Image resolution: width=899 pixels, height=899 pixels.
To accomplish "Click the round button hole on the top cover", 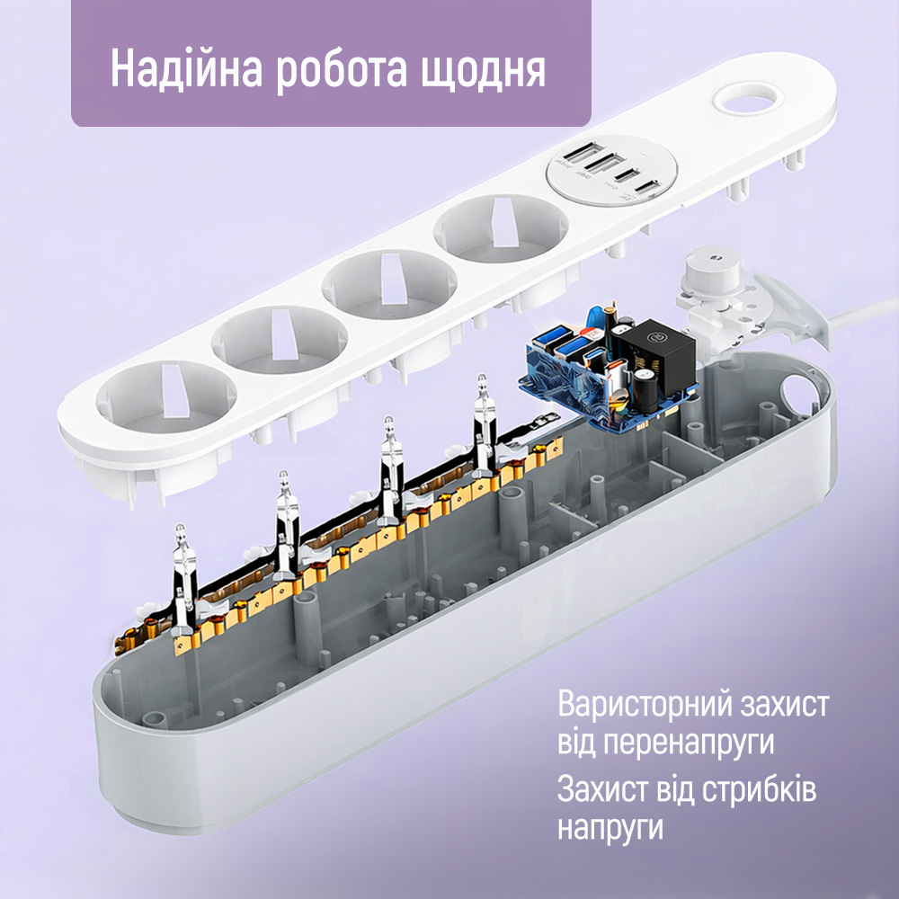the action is [748, 99].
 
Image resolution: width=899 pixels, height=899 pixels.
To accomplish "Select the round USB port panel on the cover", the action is [611, 170].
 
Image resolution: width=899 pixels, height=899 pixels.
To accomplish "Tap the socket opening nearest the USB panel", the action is [501, 228].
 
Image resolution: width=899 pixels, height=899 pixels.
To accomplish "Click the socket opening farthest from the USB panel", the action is [166, 396].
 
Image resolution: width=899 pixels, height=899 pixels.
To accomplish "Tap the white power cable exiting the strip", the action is [861, 314].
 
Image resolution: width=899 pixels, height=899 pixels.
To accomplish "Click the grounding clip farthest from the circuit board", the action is [184, 578].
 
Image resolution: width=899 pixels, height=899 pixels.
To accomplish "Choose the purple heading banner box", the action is [331, 63].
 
